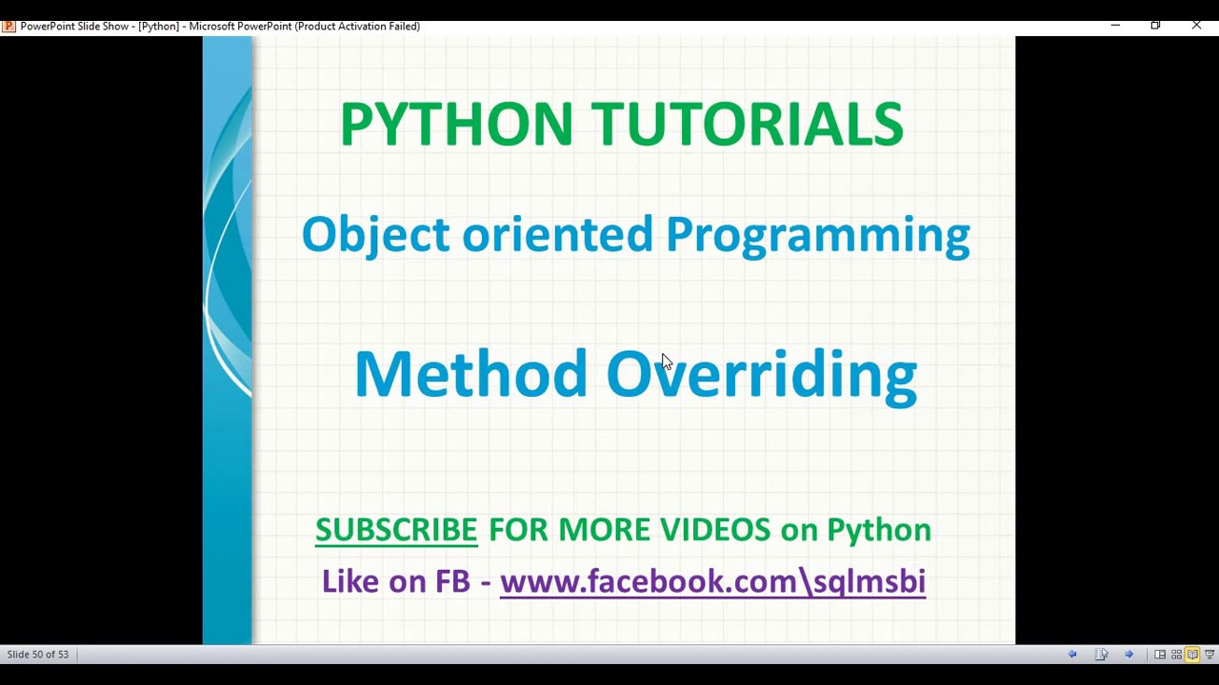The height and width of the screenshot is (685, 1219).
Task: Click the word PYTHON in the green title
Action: tap(455, 125)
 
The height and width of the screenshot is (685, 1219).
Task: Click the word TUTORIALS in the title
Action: tap(747, 125)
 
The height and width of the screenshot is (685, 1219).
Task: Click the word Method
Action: tap(470, 374)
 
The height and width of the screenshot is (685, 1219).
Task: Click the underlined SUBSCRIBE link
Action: tap(396, 530)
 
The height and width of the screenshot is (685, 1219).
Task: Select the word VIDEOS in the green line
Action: tap(714, 530)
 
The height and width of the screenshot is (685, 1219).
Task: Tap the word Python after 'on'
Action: tap(878, 531)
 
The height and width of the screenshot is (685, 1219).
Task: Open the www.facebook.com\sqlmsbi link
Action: tap(712, 581)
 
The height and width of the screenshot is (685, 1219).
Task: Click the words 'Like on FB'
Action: tap(395, 581)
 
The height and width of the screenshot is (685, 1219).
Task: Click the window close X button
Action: tap(1196, 26)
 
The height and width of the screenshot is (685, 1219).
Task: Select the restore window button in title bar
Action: tap(1155, 26)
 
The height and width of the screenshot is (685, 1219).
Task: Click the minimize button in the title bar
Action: tap(1115, 26)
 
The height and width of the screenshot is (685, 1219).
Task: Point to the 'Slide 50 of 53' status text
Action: tap(38, 655)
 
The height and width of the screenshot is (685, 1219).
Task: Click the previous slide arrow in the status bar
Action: tap(1072, 655)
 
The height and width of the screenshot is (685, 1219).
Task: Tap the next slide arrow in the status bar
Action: tap(1129, 655)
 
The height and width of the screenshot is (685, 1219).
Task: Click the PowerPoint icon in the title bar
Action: tap(9, 26)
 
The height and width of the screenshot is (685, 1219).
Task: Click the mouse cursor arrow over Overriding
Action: tap(666, 362)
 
